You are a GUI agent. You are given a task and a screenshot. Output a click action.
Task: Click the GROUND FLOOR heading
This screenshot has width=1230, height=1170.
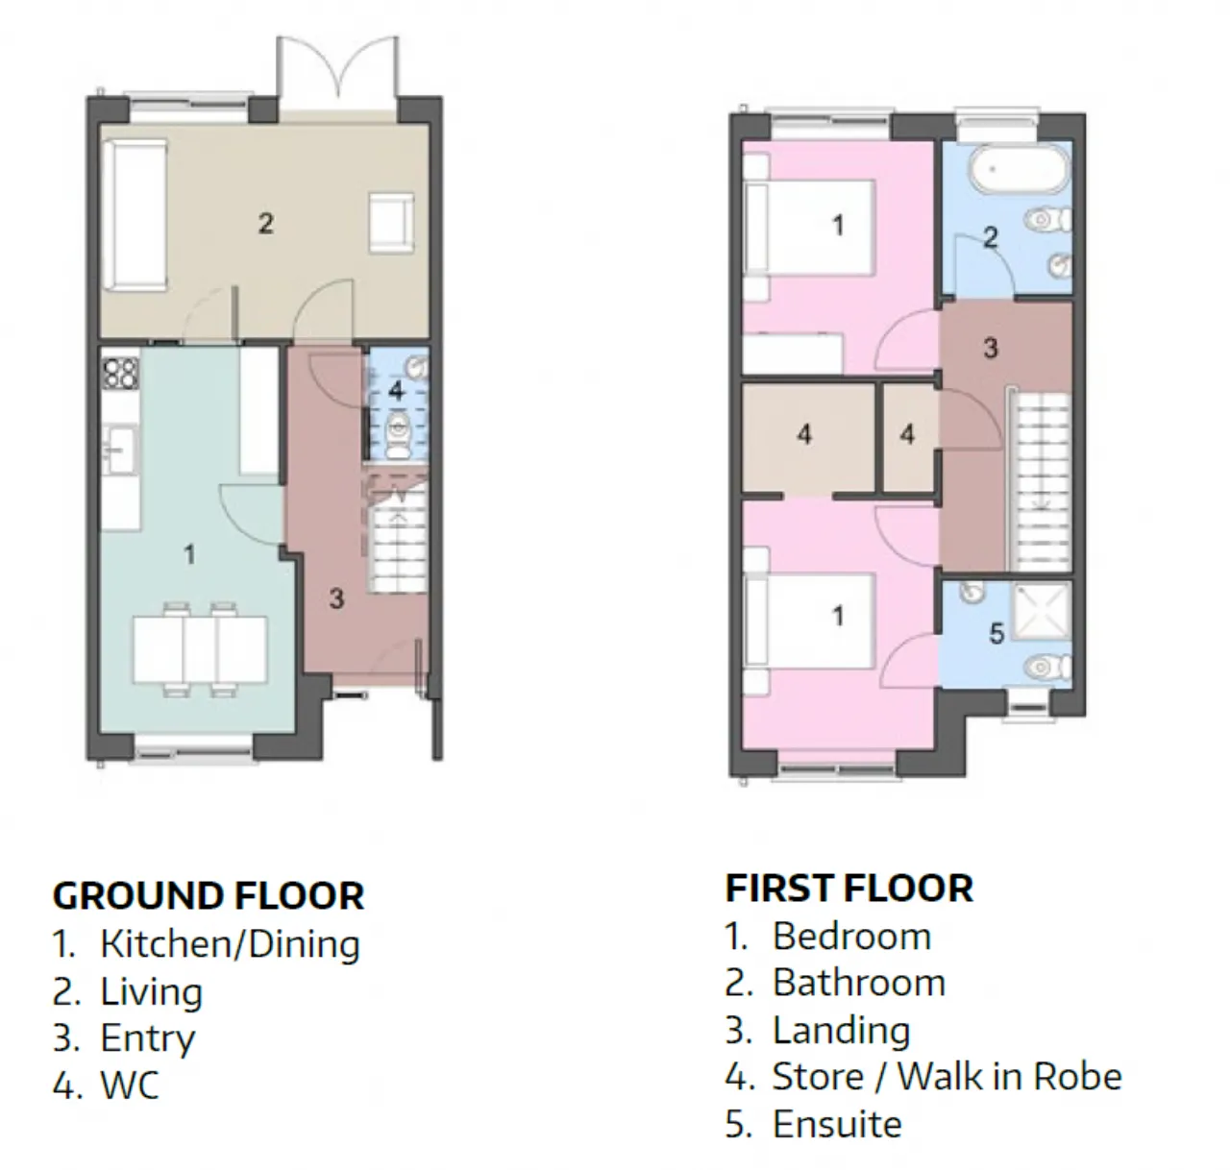click(x=209, y=895)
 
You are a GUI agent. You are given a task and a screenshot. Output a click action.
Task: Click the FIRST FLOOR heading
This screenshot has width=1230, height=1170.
click(x=849, y=888)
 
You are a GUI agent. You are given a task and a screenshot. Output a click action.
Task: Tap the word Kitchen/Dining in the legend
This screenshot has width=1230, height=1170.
click(x=231, y=944)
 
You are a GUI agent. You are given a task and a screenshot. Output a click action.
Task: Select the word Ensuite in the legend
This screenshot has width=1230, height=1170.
click(x=837, y=1124)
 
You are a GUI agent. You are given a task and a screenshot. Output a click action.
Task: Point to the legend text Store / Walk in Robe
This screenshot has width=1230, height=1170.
click(x=947, y=1077)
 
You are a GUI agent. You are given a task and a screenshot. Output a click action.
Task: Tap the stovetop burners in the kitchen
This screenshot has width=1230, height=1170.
click(x=120, y=373)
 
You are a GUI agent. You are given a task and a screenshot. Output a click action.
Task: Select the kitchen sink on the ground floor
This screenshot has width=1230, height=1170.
click(x=121, y=450)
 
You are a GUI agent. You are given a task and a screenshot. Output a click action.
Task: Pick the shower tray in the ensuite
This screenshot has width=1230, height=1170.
click(x=1043, y=614)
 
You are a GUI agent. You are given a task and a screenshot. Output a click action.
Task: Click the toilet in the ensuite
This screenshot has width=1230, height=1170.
click(x=1048, y=668)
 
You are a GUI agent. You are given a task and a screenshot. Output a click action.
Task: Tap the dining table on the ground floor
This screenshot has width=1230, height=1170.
click(x=200, y=650)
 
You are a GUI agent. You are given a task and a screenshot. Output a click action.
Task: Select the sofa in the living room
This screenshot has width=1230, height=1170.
click(x=135, y=215)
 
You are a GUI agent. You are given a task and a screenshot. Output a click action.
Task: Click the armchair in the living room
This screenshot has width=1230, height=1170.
click(x=392, y=223)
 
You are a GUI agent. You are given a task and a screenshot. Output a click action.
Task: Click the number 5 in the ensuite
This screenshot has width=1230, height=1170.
click(x=996, y=634)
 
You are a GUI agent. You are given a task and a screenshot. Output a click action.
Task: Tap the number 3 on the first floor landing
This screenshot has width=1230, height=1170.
click(x=991, y=349)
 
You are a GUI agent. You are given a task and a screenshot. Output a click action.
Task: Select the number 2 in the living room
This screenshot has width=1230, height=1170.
click(x=266, y=224)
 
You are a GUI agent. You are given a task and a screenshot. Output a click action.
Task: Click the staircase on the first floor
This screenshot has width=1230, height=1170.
click(x=1039, y=479)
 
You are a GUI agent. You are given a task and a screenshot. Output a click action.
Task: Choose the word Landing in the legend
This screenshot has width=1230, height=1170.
click(x=842, y=1032)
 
